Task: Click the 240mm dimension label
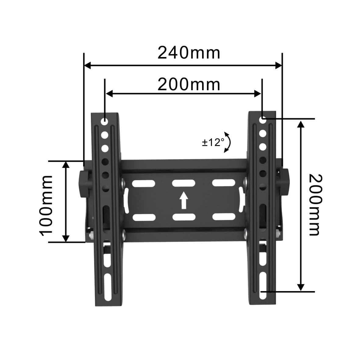pos(189,53)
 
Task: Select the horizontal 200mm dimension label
pos(189,84)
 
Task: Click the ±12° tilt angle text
pos(213,142)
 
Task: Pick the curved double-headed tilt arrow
pos(228,142)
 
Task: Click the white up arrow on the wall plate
pos(184,200)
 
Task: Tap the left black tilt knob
pos(84,184)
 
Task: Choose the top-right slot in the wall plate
pos(223,183)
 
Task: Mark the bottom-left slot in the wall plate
pos(144,217)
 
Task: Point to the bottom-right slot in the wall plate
pos(223,217)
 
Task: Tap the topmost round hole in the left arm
pos(105,123)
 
